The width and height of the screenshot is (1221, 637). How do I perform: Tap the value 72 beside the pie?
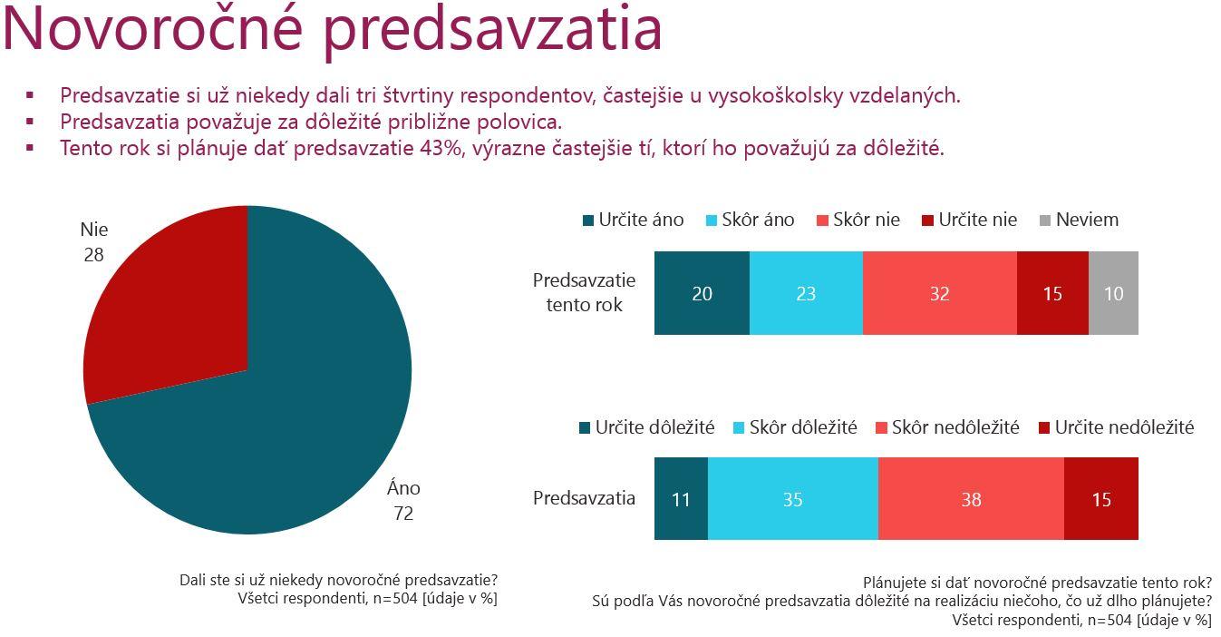pos(403,514)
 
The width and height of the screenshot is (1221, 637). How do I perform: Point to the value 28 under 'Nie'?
pos(93,255)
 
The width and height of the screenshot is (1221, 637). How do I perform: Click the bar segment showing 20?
pos(702,294)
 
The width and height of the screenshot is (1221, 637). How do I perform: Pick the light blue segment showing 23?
pos(806,294)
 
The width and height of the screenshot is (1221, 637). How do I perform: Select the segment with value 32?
pos(939,294)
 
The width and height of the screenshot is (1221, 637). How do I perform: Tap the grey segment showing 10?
pos(1113,294)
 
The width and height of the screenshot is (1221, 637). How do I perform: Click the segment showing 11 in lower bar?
pos(681,499)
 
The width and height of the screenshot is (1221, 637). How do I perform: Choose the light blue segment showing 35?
pos(792,499)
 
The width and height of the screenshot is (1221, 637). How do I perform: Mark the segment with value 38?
pos(971,499)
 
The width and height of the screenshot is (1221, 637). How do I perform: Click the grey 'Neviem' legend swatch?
pos(1045,220)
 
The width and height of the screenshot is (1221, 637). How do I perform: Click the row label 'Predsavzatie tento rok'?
pos(584,292)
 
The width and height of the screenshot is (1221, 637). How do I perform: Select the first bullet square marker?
pos(31,94)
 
